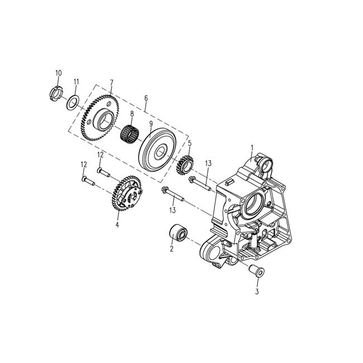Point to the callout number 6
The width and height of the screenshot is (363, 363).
pyautogui.click(x=146, y=98)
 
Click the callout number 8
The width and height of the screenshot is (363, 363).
pyautogui.click(x=132, y=114)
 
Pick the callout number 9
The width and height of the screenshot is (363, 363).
pyautogui.click(x=151, y=124)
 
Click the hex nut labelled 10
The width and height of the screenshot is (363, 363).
pyautogui.click(x=55, y=91)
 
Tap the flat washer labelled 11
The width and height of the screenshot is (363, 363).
pyautogui.click(x=72, y=102)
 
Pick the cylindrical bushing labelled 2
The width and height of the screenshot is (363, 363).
pyautogui.click(x=180, y=231)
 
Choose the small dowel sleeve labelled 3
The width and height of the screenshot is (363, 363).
pyautogui.click(x=256, y=274)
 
